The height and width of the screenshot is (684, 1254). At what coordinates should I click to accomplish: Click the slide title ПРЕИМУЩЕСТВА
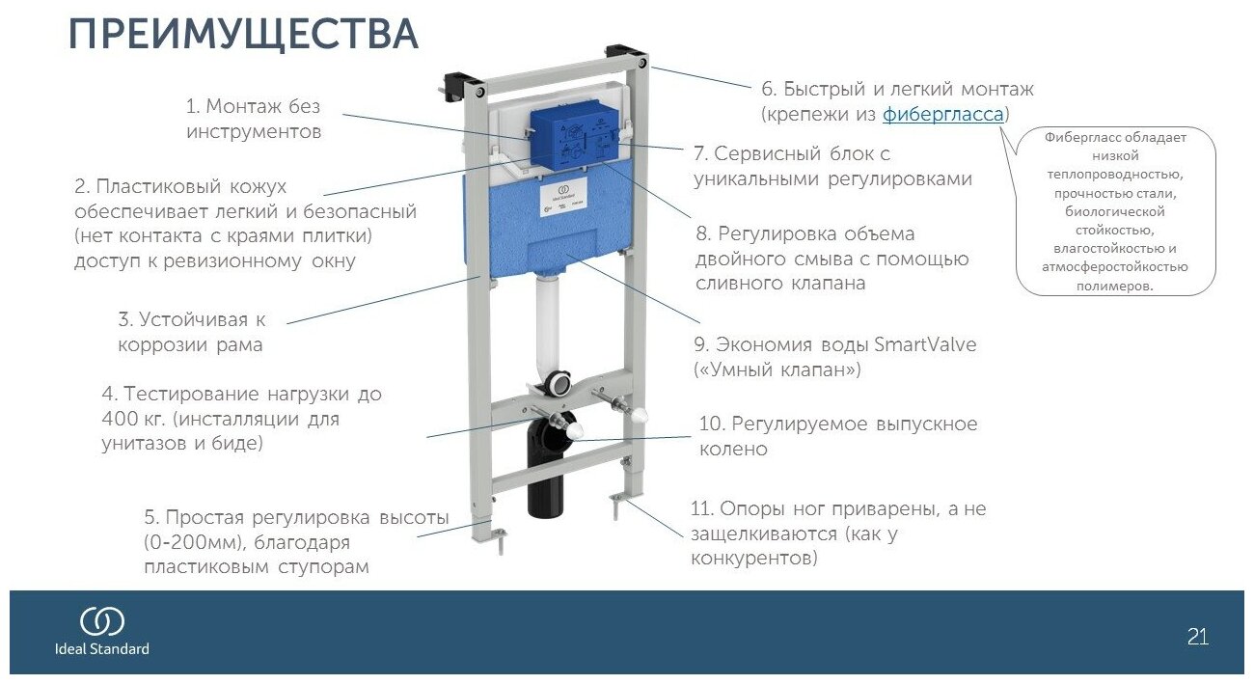(x=243, y=35)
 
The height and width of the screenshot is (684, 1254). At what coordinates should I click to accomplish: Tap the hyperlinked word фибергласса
(x=943, y=114)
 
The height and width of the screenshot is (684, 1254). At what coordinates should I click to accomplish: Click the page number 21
(x=1197, y=637)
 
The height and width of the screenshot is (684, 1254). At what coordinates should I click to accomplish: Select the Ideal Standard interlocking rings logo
(x=101, y=622)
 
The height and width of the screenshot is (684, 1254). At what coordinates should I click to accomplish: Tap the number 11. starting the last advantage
(x=705, y=508)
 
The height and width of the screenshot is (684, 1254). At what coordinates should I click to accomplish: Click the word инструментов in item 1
(x=254, y=131)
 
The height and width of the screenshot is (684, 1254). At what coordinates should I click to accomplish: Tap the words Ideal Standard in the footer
(x=101, y=648)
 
